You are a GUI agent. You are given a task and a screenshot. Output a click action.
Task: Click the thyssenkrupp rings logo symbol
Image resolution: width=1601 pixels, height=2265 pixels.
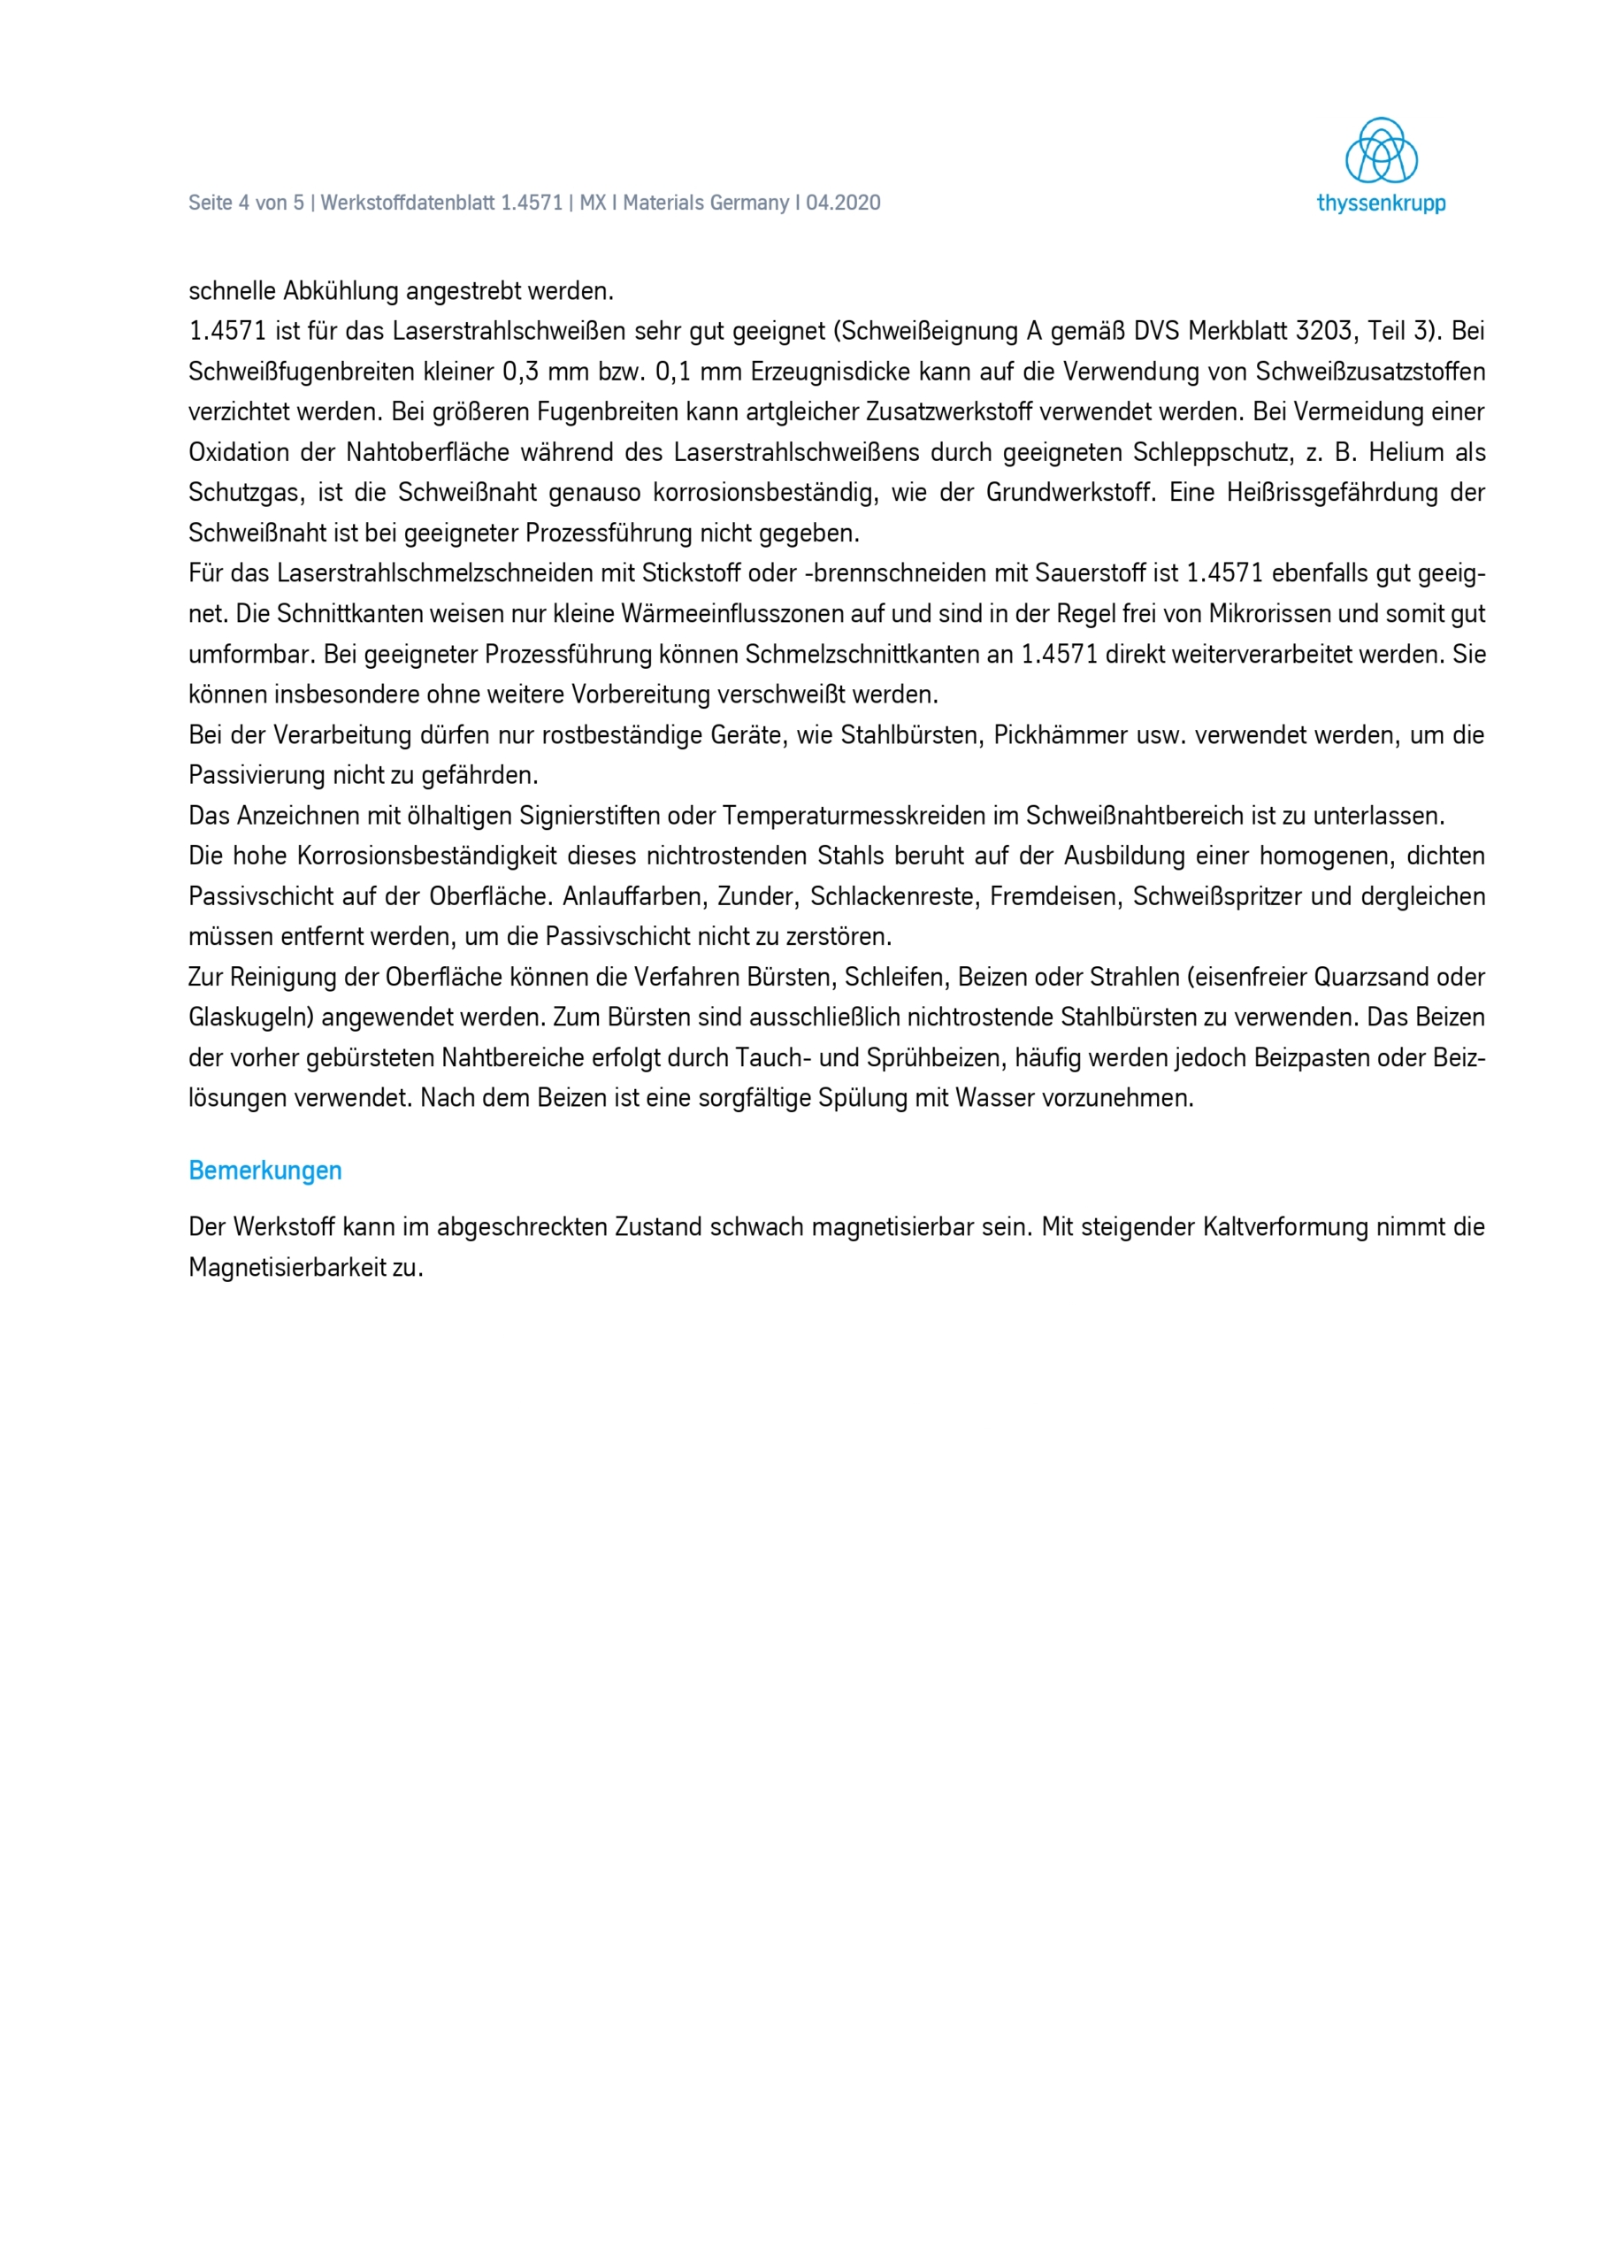pyautogui.click(x=1381, y=151)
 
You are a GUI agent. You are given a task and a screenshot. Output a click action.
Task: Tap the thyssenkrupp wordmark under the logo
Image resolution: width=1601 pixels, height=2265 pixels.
pyautogui.click(x=1381, y=204)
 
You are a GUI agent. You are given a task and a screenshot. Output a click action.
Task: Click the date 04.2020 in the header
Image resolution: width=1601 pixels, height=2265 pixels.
pyautogui.click(x=844, y=203)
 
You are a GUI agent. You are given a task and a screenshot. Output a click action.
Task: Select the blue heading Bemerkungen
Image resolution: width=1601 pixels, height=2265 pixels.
pyautogui.click(x=265, y=1171)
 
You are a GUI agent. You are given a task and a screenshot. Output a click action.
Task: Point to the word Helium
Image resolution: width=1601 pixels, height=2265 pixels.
pyautogui.click(x=1404, y=453)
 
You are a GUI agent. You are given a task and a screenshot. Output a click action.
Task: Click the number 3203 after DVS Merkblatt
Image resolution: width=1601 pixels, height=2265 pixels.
pyautogui.click(x=1324, y=332)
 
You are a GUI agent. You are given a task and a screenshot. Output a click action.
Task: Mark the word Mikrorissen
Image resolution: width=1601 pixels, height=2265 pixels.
pyautogui.click(x=1267, y=615)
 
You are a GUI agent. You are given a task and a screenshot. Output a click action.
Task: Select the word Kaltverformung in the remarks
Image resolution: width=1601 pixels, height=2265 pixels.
pyautogui.click(x=1284, y=1227)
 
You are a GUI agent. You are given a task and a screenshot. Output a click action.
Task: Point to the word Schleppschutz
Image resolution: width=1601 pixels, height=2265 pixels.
pyautogui.click(x=1211, y=453)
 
